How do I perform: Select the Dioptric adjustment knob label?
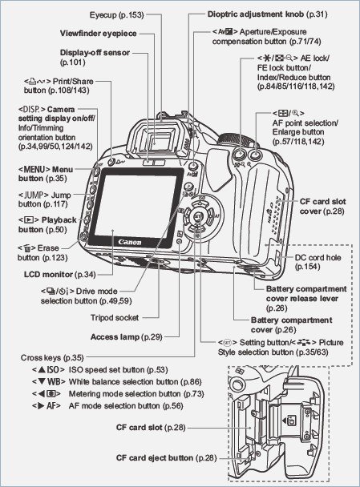pos(254,14)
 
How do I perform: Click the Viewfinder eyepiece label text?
pos(98,34)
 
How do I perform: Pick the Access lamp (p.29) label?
pos(126,337)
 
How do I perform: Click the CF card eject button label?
pos(165,456)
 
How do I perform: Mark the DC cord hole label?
pos(316,262)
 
